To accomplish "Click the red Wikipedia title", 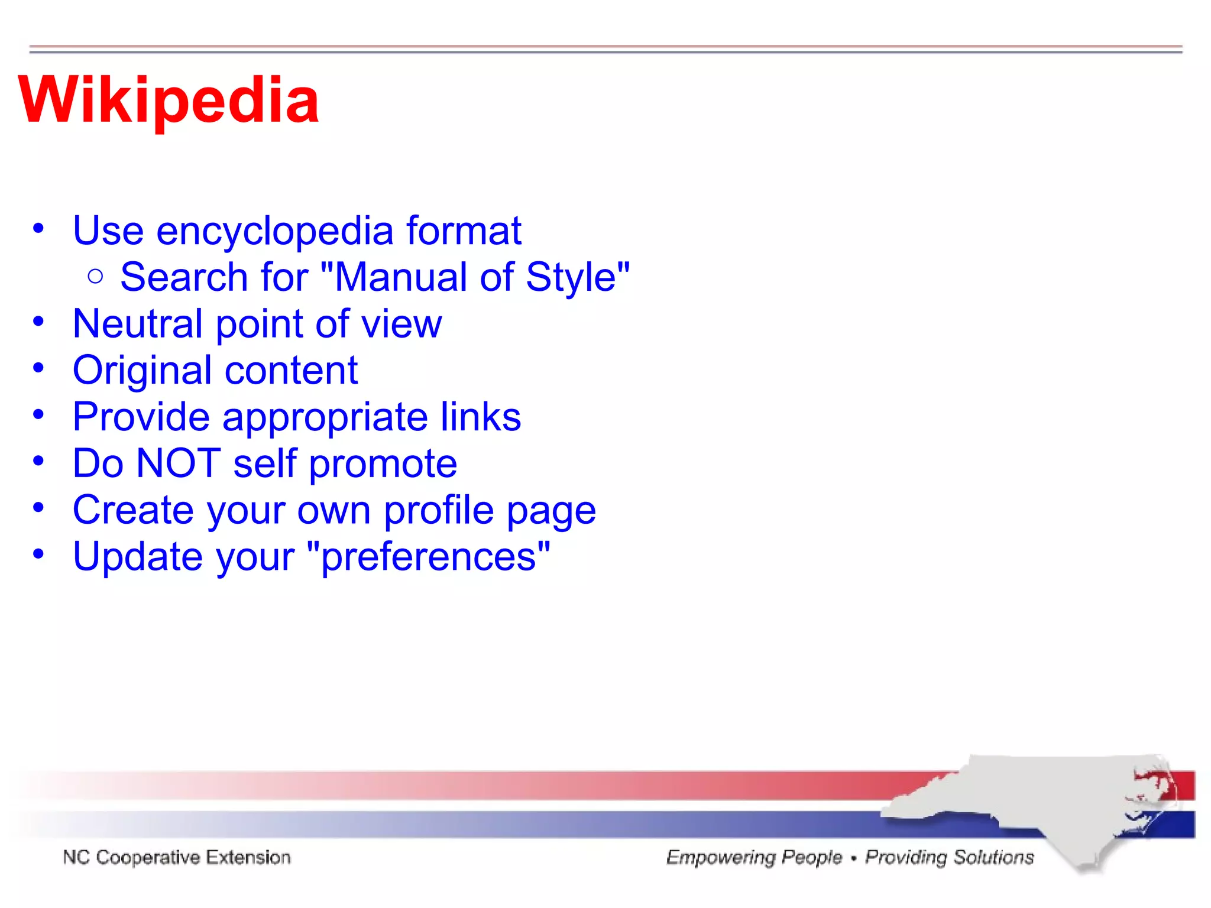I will pos(169,100).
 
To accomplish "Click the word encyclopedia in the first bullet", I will pos(274,231).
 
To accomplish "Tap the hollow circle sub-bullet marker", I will pos(95,276).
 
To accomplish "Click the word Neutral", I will pos(137,323).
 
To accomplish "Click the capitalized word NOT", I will pos(179,463).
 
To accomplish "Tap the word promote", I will pos(383,464).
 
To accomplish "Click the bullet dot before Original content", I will pos(38,368).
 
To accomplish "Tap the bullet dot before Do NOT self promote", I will pos(38,461).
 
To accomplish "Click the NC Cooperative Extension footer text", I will pos(177,857).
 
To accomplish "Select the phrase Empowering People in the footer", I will pos(754,857).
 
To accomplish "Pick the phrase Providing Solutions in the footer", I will pos(949,857).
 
